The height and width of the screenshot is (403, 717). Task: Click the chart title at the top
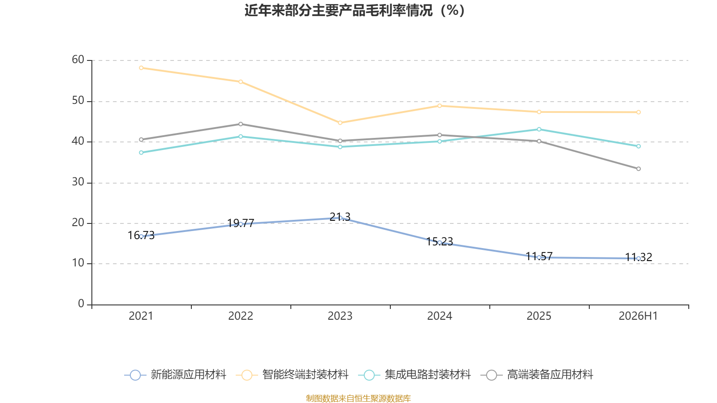pyautogui.click(x=354, y=10)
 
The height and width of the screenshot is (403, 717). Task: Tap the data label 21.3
pyautogui.click(x=340, y=217)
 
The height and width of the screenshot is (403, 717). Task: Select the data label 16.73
pyautogui.click(x=141, y=236)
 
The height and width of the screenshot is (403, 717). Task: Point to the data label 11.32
pyautogui.click(x=639, y=257)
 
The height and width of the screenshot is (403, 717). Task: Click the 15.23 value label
pyautogui.click(x=440, y=241)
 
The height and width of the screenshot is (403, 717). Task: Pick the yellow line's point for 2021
pyautogui.click(x=141, y=68)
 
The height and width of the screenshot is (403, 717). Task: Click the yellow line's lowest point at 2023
pyautogui.click(x=340, y=123)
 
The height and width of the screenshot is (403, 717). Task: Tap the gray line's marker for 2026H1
pyautogui.click(x=639, y=169)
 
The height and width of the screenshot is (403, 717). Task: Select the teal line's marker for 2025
pyautogui.click(x=539, y=129)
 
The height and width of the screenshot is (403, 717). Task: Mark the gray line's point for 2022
pyautogui.click(x=241, y=124)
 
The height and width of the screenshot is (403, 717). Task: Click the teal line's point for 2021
pyautogui.click(x=141, y=153)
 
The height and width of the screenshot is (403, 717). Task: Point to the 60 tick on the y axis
pyautogui.click(x=78, y=60)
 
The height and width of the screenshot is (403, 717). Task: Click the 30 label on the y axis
pyautogui.click(x=78, y=182)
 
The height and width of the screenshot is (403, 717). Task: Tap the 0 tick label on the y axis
pyautogui.click(x=81, y=304)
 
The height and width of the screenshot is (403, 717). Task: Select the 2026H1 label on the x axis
pyautogui.click(x=638, y=316)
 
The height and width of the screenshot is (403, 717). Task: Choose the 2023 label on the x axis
pyautogui.click(x=340, y=316)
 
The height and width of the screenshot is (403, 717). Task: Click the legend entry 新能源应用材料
pyautogui.click(x=175, y=374)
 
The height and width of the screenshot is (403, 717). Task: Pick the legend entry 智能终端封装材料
pyautogui.click(x=292, y=374)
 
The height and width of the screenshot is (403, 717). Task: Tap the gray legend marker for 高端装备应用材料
pyautogui.click(x=491, y=375)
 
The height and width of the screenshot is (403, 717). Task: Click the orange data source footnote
pyautogui.click(x=358, y=398)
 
